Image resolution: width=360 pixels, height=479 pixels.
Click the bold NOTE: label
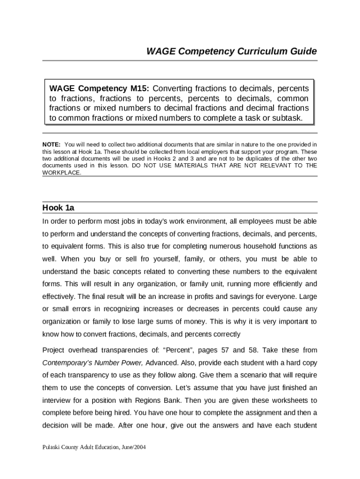click(51, 144)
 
